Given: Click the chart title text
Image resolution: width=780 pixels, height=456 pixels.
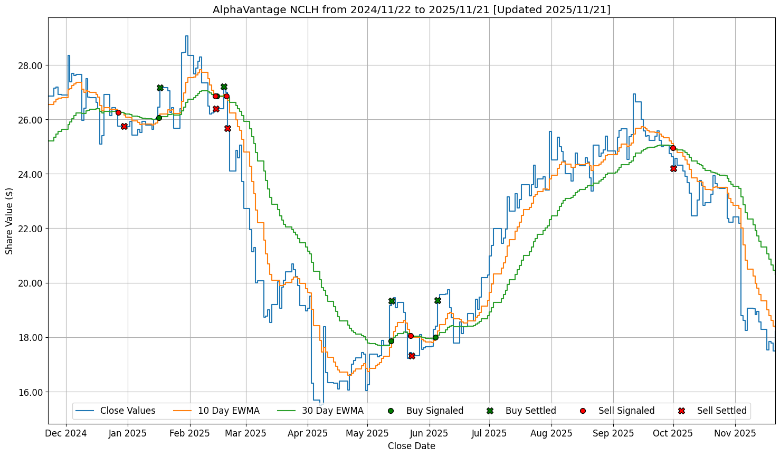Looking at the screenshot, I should point(411,9).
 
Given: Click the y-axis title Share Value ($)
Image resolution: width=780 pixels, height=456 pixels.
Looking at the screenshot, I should point(9,221).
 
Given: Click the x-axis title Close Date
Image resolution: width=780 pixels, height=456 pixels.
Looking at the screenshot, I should point(411,446).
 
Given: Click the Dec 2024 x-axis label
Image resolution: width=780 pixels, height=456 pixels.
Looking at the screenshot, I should point(66,433).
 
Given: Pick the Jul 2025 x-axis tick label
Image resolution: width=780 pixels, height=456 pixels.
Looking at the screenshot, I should point(489,433).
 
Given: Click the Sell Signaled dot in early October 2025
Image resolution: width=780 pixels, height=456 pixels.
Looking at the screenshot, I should point(673,148).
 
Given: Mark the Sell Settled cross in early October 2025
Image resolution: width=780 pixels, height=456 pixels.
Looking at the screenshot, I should point(673,168).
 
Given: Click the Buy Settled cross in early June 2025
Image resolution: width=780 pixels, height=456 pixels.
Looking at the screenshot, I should point(437,300).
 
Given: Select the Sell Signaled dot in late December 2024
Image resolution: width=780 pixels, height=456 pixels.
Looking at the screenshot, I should point(118,112).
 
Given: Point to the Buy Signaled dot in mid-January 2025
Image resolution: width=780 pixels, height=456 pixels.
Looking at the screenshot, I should point(159,118).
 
